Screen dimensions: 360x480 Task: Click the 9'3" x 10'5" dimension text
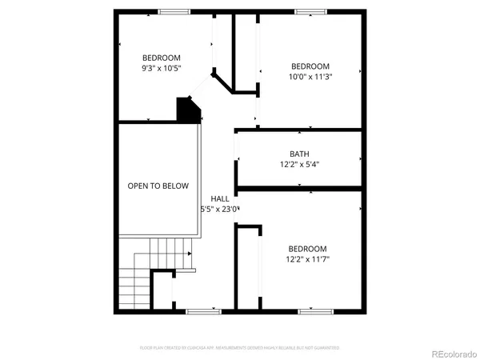[x=162, y=70]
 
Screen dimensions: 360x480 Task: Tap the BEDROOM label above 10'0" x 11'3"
[x=310, y=66]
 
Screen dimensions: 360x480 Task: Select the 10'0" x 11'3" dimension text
[x=310, y=78]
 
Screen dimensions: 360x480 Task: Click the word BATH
[x=299, y=154]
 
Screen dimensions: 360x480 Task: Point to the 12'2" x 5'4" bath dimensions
[x=299, y=165]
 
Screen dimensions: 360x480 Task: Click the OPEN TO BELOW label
[x=158, y=186]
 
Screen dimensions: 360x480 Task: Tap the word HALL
[x=220, y=198]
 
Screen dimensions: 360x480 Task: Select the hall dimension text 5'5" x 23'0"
[x=220, y=210]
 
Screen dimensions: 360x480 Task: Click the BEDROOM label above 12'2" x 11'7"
[x=308, y=248]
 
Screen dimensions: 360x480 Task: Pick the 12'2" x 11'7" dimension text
[x=308, y=259]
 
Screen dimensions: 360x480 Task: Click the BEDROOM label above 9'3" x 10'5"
[x=162, y=58]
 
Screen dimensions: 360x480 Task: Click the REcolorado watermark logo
[x=451, y=353]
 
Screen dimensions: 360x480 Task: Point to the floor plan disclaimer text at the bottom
[x=240, y=348]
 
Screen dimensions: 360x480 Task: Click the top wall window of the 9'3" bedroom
[x=174, y=11]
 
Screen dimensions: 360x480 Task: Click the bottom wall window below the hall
[x=203, y=310]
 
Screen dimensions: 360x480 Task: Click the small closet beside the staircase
[x=162, y=292]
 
